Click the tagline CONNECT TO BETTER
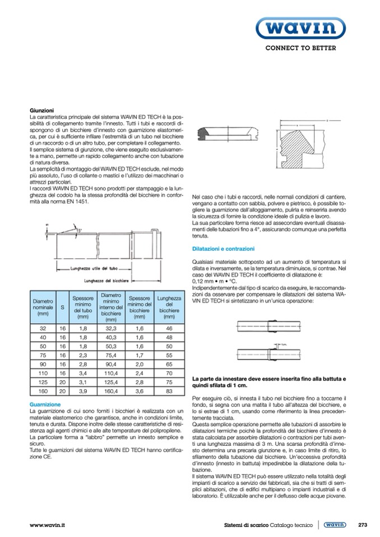coord(300,48)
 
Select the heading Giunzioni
coord(41,111)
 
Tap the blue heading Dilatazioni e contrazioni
coord(223,248)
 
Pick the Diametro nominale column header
coord(41,307)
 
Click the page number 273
coord(362,525)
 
